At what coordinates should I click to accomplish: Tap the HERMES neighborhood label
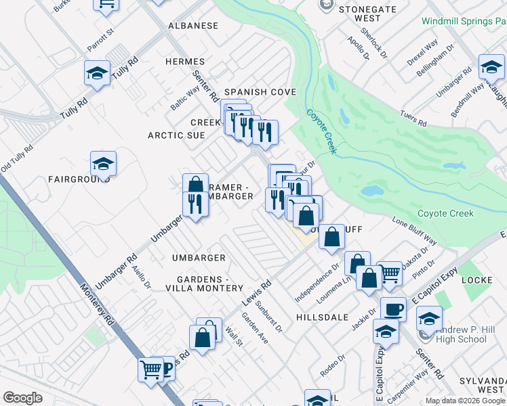[185, 62]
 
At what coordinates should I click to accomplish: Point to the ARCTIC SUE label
[176, 135]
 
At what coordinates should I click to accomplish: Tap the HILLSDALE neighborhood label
[322, 317]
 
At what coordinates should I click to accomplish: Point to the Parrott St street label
[100, 41]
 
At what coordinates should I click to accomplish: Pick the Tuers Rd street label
[413, 119]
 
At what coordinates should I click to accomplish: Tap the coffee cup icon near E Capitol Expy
[393, 309]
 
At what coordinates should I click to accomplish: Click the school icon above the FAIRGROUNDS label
[103, 164]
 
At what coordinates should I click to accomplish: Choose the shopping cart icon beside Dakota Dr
[389, 273]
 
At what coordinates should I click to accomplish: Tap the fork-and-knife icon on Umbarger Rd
[195, 203]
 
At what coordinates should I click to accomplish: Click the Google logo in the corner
[22, 398]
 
